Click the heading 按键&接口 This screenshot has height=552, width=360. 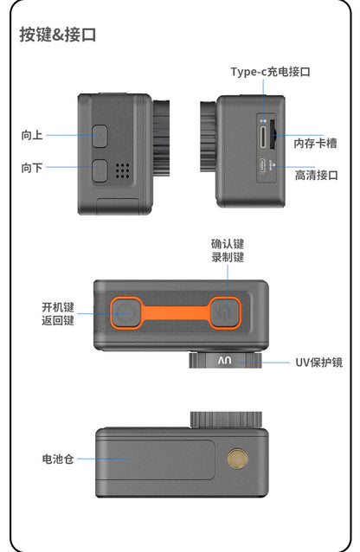pos(57,35)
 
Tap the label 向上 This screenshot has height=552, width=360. pos(32,135)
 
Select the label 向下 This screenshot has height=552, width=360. pos(32,168)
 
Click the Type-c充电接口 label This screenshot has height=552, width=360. pos(268,72)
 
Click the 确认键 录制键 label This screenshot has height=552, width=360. pos(228,251)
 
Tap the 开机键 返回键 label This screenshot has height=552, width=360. pos(58,314)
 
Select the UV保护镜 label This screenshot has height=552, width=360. pos(319,362)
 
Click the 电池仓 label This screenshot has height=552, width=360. pos(57,458)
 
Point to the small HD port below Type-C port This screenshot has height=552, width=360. pos(262,165)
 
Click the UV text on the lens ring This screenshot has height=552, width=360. pos(225,361)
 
